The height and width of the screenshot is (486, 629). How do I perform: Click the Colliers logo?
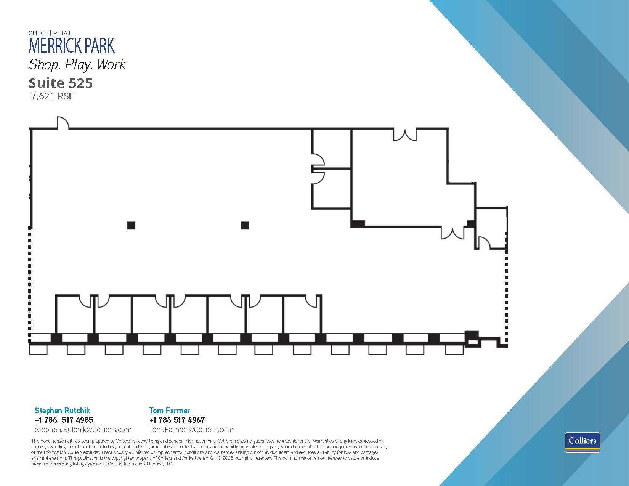coord(582,442)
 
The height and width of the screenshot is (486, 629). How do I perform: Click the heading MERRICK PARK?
coord(72,46)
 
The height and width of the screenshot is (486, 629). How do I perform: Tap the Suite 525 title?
coord(61,83)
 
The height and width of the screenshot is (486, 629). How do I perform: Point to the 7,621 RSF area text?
coord(52,96)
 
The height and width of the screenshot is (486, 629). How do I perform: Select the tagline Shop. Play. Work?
coord(77,64)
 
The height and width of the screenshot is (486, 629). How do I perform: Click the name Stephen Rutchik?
coord(62,411)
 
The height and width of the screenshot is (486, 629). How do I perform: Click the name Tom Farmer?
coord(170,411)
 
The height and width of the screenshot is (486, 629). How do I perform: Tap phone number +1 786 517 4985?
coord(64,420)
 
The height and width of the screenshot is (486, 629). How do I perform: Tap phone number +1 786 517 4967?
coord(177,420)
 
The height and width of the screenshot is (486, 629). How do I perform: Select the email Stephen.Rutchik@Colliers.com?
coord(83,430)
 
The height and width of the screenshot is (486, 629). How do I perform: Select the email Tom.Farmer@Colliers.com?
coord(191,430)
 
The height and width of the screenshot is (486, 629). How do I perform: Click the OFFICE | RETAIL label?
coord(50,33)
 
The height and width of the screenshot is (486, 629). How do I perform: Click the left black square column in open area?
coord(131,226)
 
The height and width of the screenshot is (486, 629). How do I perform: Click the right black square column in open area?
coord(245,226)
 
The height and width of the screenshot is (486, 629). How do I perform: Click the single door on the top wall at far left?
coord(63,123)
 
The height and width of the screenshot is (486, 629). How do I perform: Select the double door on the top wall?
coord(405,135)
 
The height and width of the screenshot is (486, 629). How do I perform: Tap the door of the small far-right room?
coord(484,243)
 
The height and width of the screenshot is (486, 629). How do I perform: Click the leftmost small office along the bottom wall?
coord(75,314)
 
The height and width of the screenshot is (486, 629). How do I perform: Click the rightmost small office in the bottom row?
coord(302,314)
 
